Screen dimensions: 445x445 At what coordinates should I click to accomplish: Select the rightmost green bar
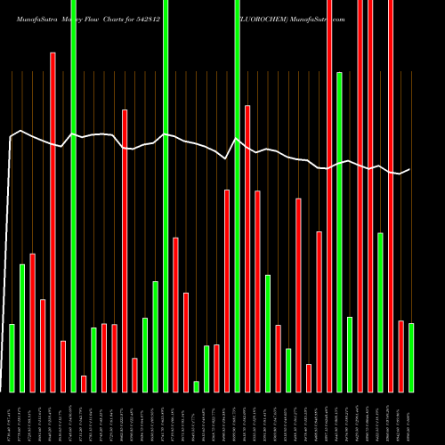[411, 357]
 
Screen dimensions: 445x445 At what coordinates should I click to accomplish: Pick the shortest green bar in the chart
[197, 386]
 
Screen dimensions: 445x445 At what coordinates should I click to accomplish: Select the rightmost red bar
[400, 356]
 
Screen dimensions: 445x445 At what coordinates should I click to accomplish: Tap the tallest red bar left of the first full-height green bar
[53, 222]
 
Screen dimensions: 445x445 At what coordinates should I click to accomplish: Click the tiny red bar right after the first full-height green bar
[84, 384]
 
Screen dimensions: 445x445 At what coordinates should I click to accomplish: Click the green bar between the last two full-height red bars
[380, 311]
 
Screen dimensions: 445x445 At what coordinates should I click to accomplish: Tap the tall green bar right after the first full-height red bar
[339, 231]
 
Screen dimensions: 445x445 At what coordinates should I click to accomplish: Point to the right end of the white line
[409, 169]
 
